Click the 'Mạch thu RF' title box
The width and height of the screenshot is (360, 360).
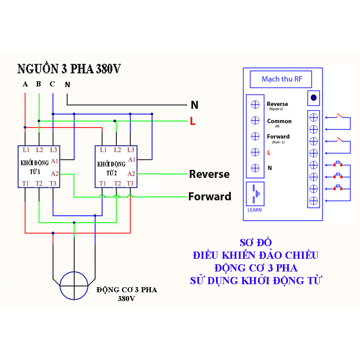281,79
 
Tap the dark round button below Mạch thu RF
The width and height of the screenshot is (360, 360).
313,98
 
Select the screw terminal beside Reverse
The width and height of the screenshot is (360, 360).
255,104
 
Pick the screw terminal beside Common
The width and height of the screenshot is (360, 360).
255,120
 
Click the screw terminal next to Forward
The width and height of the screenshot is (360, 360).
255,136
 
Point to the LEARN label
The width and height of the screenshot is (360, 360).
255,210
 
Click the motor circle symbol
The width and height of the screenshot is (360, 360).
74,285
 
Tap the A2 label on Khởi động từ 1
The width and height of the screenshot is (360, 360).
54,174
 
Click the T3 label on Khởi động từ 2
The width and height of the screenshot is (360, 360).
130,183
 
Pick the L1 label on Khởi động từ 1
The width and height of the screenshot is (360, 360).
26,150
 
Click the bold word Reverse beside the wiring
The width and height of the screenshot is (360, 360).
209,174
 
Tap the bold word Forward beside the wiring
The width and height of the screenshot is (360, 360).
210,197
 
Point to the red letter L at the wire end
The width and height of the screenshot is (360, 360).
193,122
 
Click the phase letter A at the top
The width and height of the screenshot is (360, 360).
25,84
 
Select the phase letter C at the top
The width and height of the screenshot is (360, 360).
52,84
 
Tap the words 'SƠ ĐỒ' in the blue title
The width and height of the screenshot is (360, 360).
255,243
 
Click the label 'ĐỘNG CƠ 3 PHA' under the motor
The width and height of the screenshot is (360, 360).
126,290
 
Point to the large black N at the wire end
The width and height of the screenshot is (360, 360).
194,105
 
